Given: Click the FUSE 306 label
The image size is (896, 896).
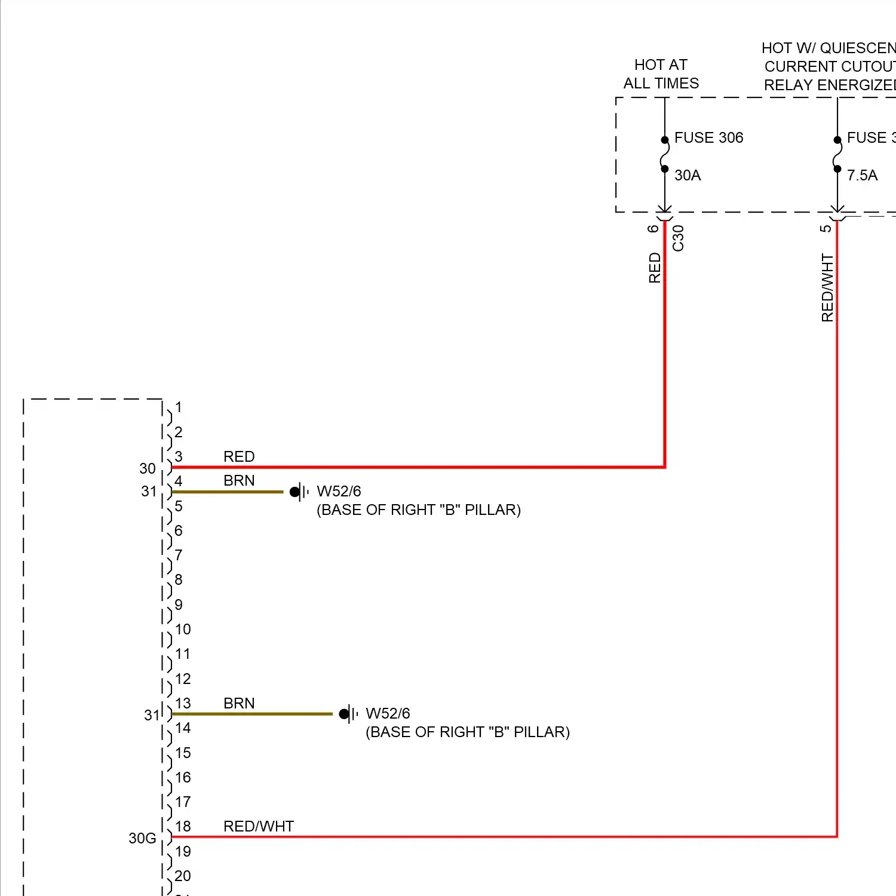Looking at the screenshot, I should (708, 138).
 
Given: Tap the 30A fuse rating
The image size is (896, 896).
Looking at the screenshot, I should (688, 176).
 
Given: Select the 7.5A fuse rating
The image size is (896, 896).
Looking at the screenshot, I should (862, 176).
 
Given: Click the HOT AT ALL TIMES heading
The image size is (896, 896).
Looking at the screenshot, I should (661, 74).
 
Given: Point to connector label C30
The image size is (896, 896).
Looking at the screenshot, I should (678, 238).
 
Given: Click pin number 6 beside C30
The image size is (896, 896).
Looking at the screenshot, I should (653, 228).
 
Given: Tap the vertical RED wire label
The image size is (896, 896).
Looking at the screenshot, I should (655, 268).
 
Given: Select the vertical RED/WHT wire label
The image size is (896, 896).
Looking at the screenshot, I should (827, 287).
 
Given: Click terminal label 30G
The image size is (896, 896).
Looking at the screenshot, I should (142, 839).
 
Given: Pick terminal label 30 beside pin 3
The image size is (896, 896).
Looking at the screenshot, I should (148, 469).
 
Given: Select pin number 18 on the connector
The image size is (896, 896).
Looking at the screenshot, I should (183, 826).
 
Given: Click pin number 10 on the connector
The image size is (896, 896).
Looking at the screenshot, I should (183, 629).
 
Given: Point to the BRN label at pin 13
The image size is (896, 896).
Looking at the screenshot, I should (239, 703).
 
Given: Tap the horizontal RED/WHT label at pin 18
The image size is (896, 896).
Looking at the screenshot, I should (259, 826).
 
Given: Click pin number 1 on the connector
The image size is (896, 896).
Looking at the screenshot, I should (178, 407).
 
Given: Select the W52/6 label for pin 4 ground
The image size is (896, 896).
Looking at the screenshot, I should (339, 491).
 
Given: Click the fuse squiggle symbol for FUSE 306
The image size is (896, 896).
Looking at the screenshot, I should (664, 155).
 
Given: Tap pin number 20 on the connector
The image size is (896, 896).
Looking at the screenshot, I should (183, 876).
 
